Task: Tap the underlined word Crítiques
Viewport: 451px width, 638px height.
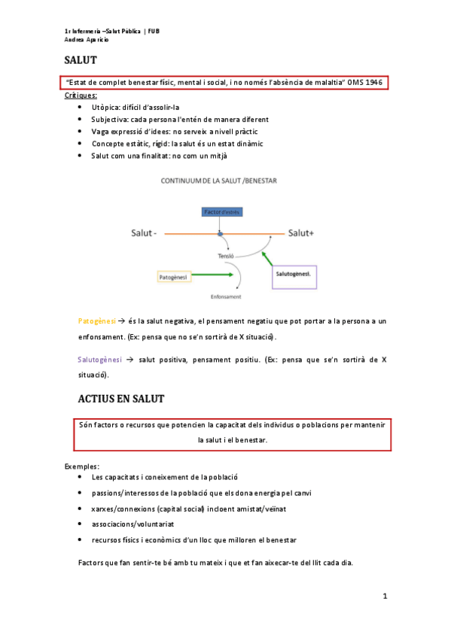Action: point(81,96)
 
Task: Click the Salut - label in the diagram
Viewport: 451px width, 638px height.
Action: point(145,234)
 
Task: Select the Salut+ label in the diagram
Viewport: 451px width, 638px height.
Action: point(300,234)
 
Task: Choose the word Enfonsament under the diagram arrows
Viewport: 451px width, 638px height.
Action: point(226,297)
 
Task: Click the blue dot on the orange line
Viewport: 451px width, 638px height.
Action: point(221,234)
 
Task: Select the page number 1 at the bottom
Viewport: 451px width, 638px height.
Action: point(384,597)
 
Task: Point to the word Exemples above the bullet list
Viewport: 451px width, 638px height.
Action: point(82,466)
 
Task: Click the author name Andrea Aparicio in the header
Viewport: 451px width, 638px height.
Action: point(87,39)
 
